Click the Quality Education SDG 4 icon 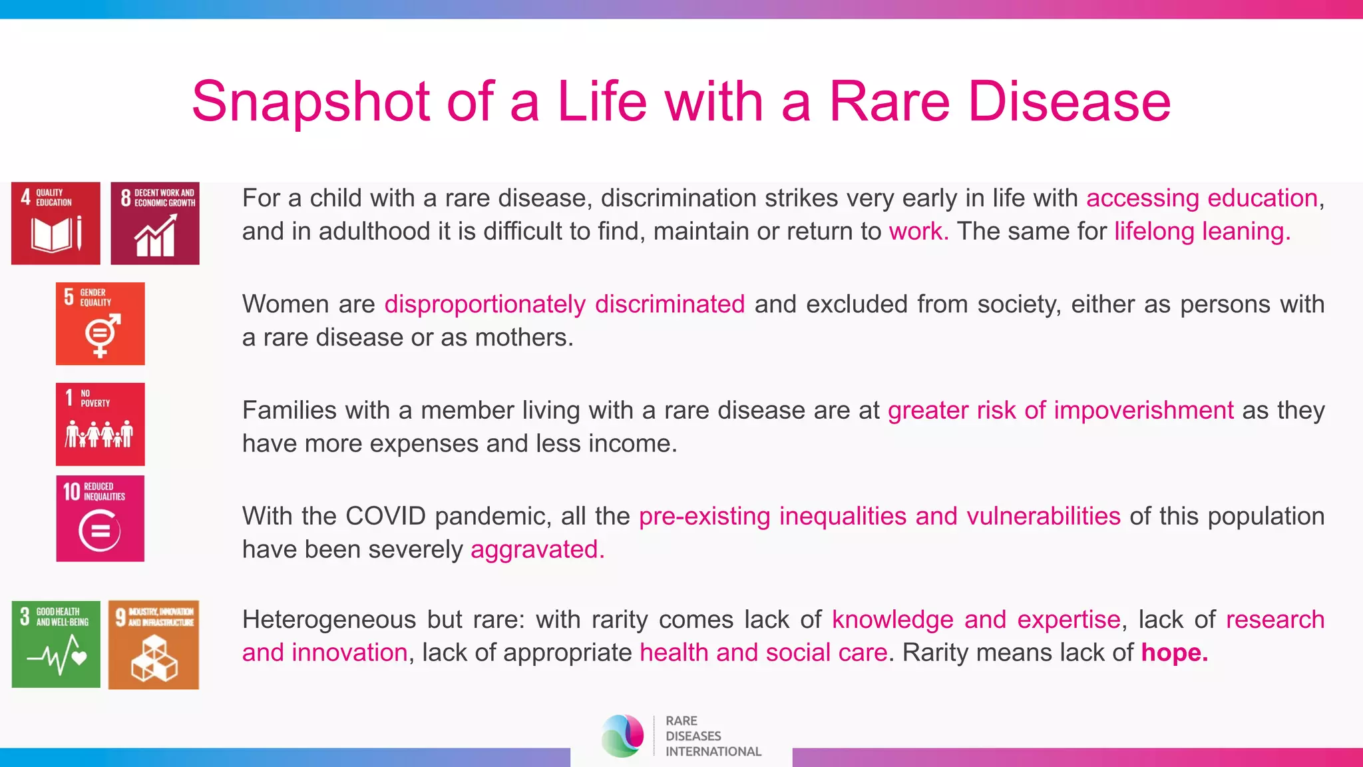pos(56,223)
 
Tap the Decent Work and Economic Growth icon pos(154,223)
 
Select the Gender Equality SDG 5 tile pos(100,324)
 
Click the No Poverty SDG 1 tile pos(100,424)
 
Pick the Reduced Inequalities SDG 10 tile pos(100,519)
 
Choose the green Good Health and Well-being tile pos(56,644)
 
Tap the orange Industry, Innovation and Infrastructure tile pos(154,644)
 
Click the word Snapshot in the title pos(311,102)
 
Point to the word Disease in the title pos(1069,102)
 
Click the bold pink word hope pos(1174,652)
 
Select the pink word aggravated pos(537,550)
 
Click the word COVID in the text pos(385,517)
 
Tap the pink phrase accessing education pos(1202,198)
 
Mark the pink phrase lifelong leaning pos(1202,232)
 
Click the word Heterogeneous pos(329,620)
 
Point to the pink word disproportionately pos(485,304)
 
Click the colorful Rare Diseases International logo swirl pos(623,736)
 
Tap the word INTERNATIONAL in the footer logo pos(713,752)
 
